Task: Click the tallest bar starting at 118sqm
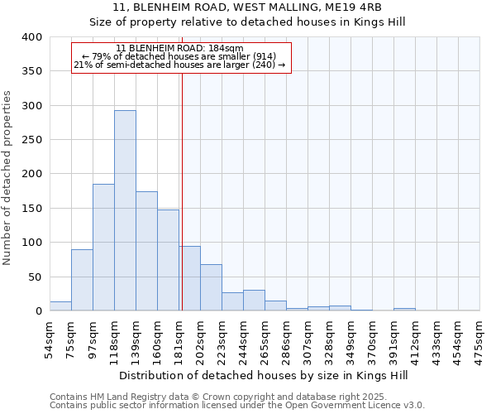[x=125, y=210]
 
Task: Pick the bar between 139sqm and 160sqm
[x=146, y=251]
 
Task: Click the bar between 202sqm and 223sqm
[x=211, y=287]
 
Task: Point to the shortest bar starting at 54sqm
[x=60, y=306]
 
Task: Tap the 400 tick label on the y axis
[x=32, y=37]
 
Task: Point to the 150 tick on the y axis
[x=32, y=209]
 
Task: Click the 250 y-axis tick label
[x=32, y=140]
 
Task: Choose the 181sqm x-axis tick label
[x=179, y=340]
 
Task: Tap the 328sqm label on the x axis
[x=330, y=340]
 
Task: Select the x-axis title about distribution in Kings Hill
[x=265, y=375]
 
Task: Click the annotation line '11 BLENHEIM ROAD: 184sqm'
[x=180, y=49]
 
